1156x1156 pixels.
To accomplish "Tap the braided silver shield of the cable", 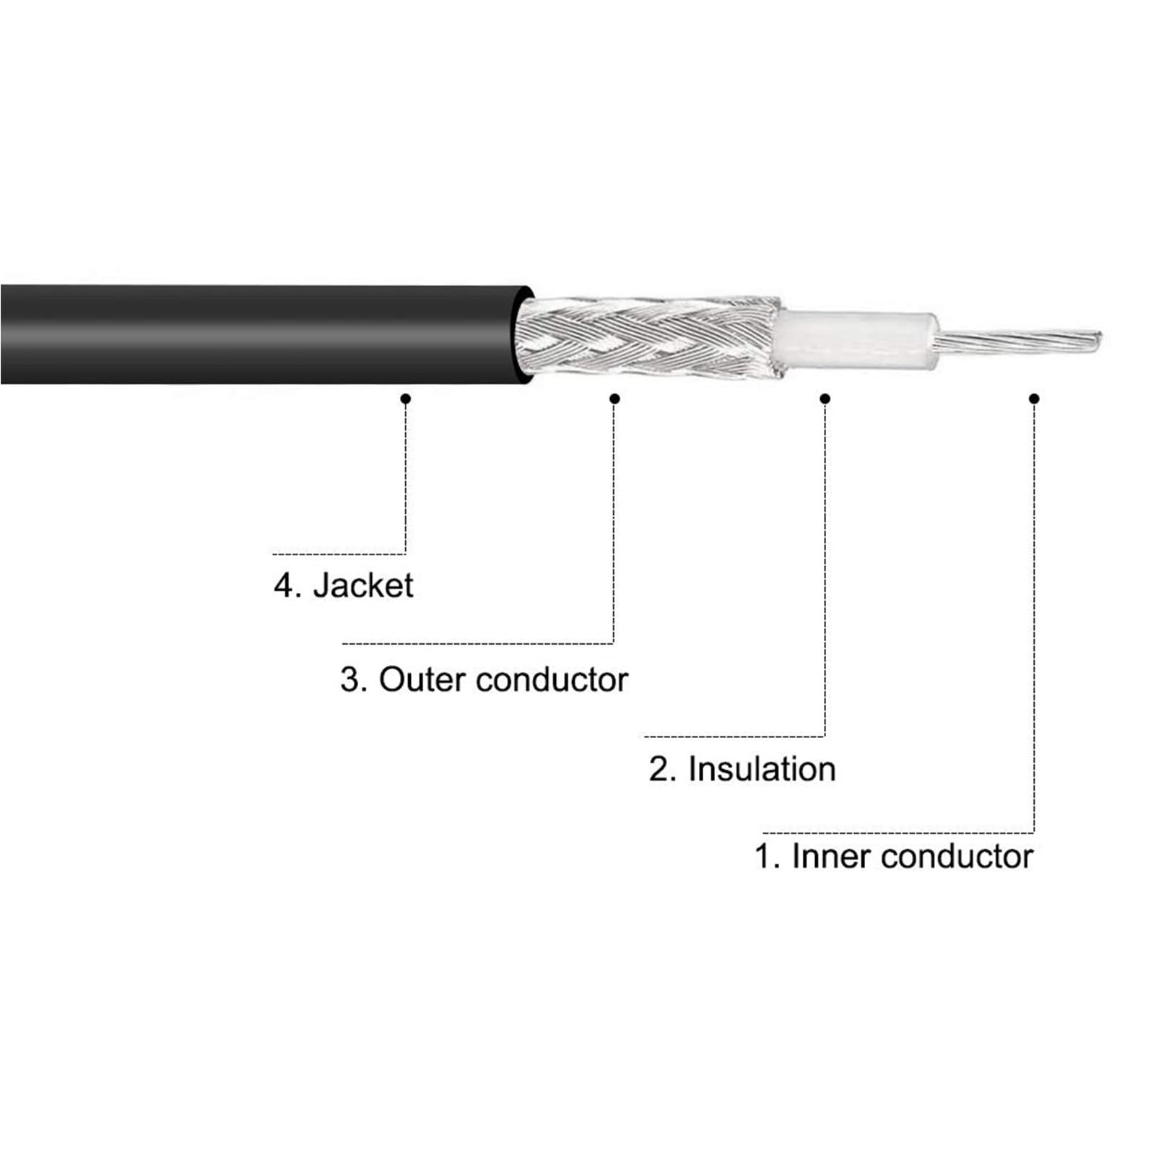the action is click(x=650, y=337).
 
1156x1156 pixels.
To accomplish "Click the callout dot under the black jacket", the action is click(x=406, y=399).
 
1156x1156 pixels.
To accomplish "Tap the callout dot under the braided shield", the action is click(x=614, y=399).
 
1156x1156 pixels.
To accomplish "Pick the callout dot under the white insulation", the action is click(x=825, y=399).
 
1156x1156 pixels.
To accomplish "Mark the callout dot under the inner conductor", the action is click(x=1034, y=399).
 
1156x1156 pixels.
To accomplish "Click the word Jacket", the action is click(x=363, y=585).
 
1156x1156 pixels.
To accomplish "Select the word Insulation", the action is click(x=762, y=769).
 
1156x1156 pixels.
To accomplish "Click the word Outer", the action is click(x=421, y=679).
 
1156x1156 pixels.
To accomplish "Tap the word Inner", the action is click(x=831, y=856).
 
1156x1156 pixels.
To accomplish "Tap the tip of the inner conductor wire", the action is click(x=1100, y=339).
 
